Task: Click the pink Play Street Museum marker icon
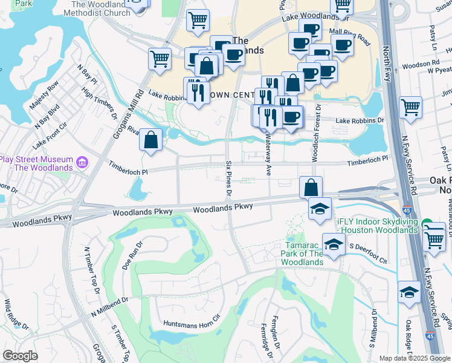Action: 82,163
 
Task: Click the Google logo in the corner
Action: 20,356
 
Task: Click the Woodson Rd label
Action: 419,64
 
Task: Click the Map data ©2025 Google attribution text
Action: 414,358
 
